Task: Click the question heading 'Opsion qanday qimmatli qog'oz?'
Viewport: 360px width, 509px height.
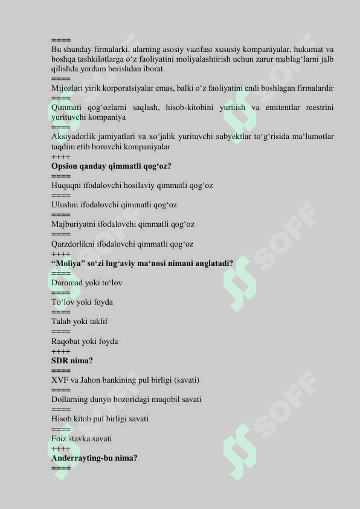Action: point(111,166)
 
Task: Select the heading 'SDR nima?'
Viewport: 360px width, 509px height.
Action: point(72,361)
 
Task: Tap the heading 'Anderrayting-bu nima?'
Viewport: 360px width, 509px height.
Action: point(94,458)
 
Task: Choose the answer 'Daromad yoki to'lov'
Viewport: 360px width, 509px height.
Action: point(87,282)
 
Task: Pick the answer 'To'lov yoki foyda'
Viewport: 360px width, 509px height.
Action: point(82,302)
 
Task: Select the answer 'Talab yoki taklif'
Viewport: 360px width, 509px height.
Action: point(80,322)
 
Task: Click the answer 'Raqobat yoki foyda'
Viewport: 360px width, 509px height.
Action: point(85,342)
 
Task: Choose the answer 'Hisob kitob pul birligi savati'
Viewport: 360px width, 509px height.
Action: point(100,419)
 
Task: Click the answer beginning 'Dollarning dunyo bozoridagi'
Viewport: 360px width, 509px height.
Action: point(126,400)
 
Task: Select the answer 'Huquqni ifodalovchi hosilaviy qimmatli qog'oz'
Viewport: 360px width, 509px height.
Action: point(132,186)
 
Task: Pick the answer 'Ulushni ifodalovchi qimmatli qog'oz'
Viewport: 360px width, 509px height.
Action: point(114,205)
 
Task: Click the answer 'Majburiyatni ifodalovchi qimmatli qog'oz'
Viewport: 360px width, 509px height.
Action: point(123,224)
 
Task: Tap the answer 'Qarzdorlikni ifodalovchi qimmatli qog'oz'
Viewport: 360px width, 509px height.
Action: point(122,244)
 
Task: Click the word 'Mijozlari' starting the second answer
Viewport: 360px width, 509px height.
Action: point(66,88)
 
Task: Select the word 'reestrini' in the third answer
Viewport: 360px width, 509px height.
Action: point(320,108)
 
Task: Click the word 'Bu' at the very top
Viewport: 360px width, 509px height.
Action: point(56,49)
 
